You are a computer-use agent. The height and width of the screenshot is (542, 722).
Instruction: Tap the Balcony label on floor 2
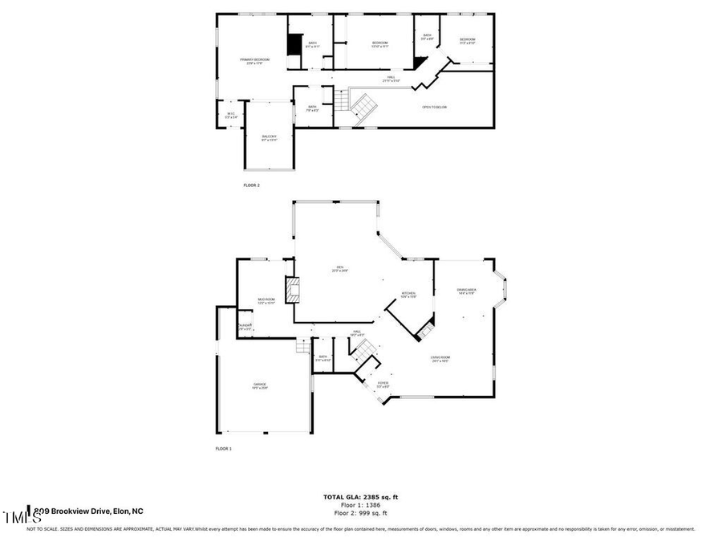coord(269,138)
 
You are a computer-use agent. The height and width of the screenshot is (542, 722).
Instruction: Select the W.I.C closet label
coord(230,115)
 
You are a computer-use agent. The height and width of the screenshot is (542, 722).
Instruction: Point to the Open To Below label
coord(434,107)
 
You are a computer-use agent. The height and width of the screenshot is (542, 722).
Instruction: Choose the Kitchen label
coord(408,295)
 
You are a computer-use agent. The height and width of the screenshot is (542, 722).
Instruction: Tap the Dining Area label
coord(466,291)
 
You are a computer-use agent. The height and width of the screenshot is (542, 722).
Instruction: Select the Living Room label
coord(440,360)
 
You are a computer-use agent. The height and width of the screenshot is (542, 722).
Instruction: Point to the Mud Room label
coord(266,301)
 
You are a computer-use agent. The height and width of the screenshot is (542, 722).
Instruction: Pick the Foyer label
coord(383,385)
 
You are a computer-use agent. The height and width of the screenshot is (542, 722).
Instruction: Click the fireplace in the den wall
coord(292,290)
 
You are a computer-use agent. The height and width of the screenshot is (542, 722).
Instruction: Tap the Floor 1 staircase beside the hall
coord(364,350)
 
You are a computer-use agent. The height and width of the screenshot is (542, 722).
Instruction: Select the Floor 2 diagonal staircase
coord(363,107)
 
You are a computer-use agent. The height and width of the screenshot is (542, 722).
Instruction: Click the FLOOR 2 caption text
coord(252,185)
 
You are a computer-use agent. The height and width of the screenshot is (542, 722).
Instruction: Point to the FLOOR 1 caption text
coord(223,449)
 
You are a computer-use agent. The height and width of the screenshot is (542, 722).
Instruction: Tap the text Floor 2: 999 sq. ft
coord(360,512)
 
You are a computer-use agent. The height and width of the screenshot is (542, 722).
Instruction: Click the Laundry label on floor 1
coord(245,328)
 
